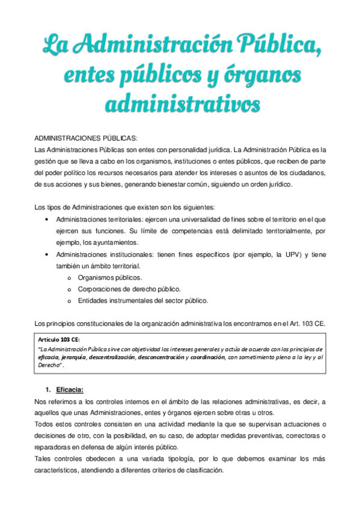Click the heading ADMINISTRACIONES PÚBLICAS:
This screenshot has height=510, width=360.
pos(86,138)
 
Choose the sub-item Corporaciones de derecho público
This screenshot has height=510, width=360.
pos(130,289)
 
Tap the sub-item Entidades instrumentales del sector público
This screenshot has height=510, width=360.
pos(143,300)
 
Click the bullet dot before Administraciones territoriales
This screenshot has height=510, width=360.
pos(47,220)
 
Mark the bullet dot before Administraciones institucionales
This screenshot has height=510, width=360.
pos(47,255)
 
